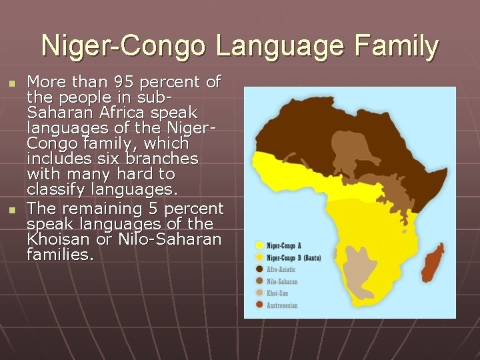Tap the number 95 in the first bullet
pos(123,83)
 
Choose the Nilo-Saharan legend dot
pos(259,281)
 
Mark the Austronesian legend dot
pos(259,305)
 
